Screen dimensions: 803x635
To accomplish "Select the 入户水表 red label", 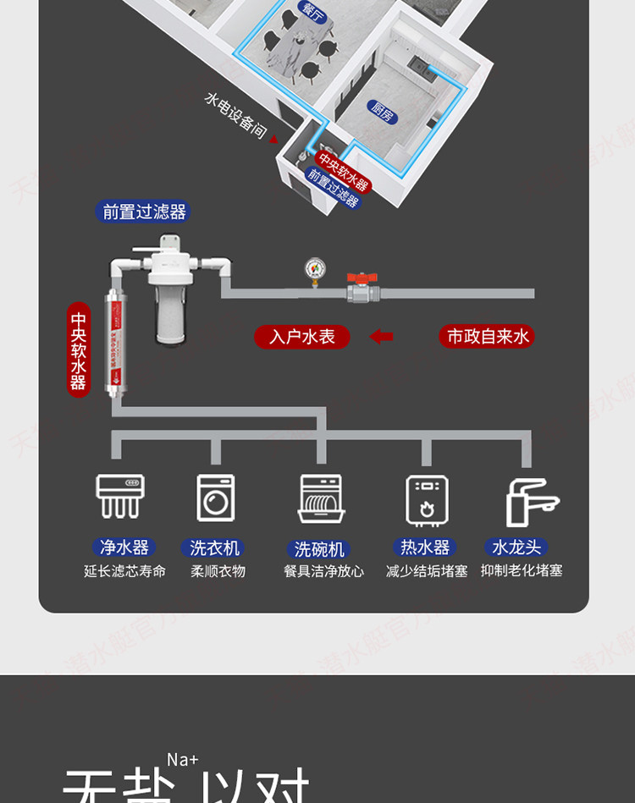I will click(302, 337).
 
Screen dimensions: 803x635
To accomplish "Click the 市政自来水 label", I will click(487, 337).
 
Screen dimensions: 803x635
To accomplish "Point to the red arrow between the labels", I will click(382, 337).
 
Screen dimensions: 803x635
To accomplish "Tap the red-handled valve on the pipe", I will click(362, 288).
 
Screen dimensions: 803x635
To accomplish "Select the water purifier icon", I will click(119, 496).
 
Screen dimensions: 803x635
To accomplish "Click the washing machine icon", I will click(216, 497).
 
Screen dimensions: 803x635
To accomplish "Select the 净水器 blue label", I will click(124, 547).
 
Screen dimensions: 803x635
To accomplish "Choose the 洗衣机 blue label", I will click(215, 547).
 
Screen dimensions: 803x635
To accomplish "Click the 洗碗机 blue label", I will click(322, 549).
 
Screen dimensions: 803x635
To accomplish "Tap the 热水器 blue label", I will click(425, 547).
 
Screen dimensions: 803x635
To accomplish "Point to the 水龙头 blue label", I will click(516, 547).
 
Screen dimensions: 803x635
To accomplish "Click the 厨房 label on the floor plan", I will click(382, 111).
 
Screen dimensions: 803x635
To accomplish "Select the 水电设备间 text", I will click(236, 116).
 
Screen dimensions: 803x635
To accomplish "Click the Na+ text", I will click(182, 759).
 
